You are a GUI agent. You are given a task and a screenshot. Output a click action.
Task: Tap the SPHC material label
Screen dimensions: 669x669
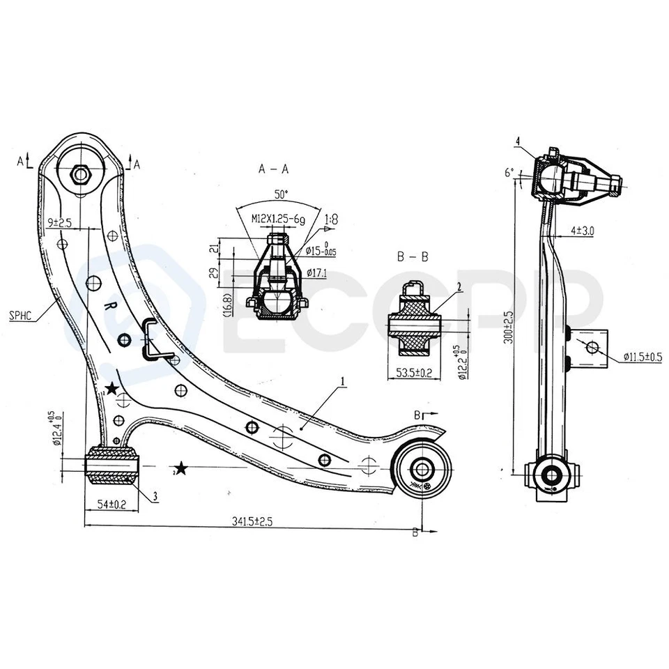point(21,314)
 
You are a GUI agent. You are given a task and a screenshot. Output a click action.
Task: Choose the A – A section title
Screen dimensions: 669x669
point(273,168)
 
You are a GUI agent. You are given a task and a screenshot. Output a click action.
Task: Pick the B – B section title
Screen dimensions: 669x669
point(413,257)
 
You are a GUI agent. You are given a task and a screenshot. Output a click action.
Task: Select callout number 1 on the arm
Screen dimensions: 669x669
point(342,381)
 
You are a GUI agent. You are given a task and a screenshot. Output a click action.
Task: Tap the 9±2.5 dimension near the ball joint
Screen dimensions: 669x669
point(60,222)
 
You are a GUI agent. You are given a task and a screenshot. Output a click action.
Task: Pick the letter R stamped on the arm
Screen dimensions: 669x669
point(108,307)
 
